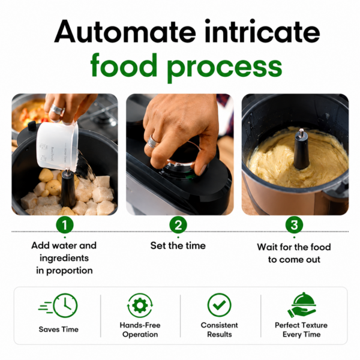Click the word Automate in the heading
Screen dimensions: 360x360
(x=125, y=31)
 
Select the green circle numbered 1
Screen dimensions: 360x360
(x=65, y=225)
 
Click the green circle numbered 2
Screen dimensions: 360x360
(x=178, y=225)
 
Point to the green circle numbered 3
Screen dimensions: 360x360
(x=294, y=225)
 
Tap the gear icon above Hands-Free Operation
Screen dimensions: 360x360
(x=140, y=305)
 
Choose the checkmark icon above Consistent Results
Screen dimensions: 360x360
(x=219, y=305)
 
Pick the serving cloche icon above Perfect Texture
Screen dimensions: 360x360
(x=301, y=305)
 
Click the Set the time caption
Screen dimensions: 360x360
(x=178, y=245)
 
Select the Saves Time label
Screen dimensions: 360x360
(x=59, y=329)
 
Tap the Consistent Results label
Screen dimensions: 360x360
(x=219, y=329)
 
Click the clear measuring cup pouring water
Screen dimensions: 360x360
(x=58, y=146)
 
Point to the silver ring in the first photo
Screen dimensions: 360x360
(x=57, y=110)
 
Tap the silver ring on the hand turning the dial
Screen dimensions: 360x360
(x=152, y=142)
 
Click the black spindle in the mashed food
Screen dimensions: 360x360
(x=301, y=149)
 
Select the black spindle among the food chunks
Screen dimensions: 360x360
(x=68, y=188)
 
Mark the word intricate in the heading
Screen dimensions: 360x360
(x=262, y=31)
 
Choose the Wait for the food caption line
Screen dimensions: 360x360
(x=294, y=247)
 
